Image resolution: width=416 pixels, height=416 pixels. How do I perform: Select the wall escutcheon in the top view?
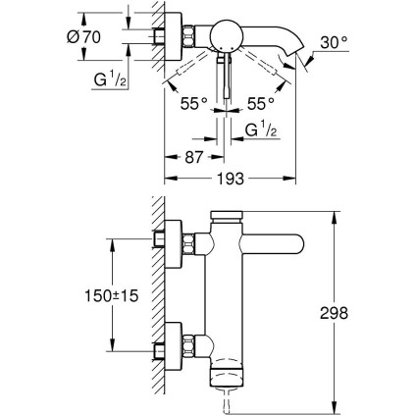click(x=182, y=37)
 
